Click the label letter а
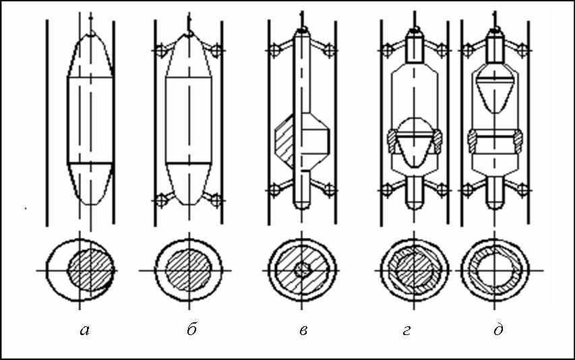[85, 330]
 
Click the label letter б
[192, 330]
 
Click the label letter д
[498, 330]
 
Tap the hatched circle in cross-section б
[189, 271]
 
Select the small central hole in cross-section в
[302, 271]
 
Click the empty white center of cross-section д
[495, 270]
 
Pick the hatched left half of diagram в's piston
[284, 141]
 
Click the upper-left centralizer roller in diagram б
[160, 50]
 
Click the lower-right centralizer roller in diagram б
[216, 200]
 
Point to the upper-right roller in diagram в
[330, 50]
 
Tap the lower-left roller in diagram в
[274, 190]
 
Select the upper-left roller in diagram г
[386, 50]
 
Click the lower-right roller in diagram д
[523, 190]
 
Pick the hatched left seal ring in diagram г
[392, 142]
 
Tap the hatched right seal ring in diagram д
[518, 142]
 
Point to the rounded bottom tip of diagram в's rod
[302, 206]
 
